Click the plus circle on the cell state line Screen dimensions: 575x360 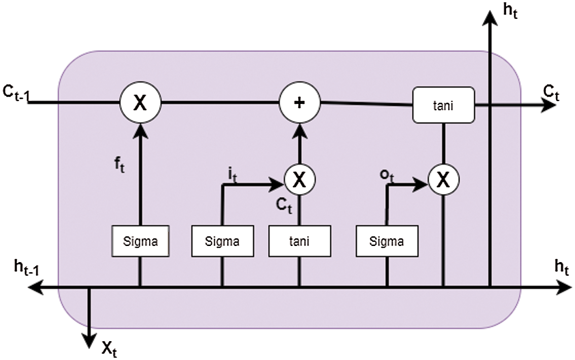point(299,103)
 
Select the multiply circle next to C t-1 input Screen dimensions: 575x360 point(140,103)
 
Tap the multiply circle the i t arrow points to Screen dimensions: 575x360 point(299,179)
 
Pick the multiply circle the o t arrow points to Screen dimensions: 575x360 point(443,179)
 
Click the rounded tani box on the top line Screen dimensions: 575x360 point(443,105)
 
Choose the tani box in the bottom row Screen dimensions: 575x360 point(299,241)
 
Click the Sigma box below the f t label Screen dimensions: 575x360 point(140,241)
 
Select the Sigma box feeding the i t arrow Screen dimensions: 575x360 point(223,241)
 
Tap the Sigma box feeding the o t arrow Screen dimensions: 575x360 point(387,241)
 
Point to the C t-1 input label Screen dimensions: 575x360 point(16,93)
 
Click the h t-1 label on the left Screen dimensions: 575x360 point(27,268)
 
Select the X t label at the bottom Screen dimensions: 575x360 point(109,349)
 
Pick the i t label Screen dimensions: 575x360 point(232,176)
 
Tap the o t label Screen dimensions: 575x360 point(386,177)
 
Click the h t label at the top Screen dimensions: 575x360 point(510,11)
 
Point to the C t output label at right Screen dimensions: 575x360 point(551,93)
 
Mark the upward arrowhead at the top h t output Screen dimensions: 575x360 point(490,18)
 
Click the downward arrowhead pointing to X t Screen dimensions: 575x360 point(89,341)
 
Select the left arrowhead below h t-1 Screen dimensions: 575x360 point(35,287)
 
